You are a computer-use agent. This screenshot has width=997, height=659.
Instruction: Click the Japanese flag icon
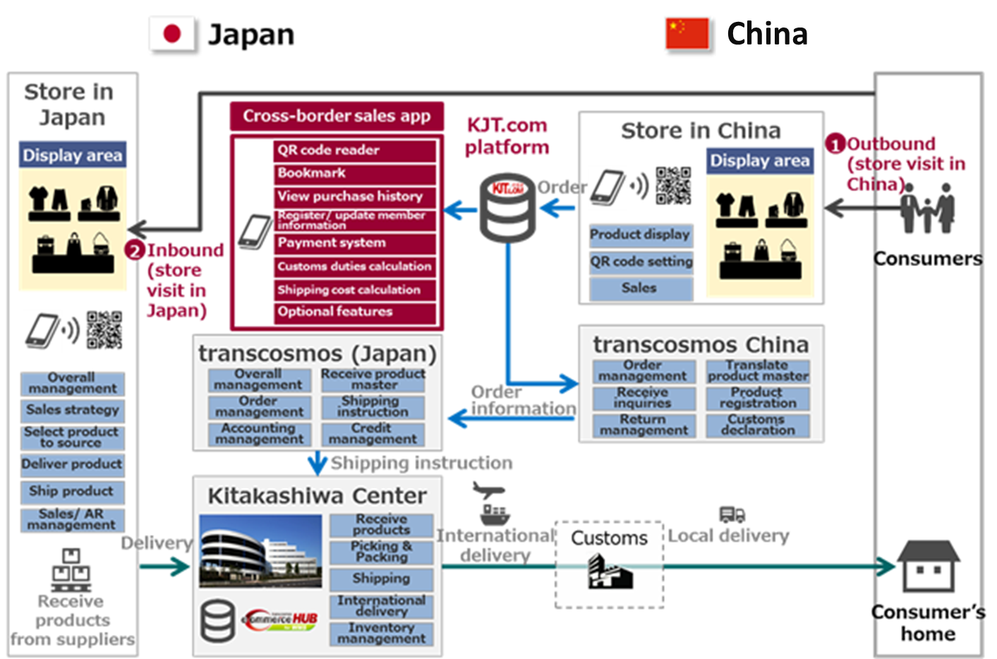click(x=172, y=34)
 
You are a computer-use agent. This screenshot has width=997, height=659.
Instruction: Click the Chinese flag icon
click(x=687, y=34)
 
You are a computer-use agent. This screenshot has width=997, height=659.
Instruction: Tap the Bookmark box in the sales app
click(x=355, y=174)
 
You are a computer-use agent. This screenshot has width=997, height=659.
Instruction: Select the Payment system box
click(x=355, y=243)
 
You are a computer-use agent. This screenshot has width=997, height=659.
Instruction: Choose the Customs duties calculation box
click(x=355, y=267)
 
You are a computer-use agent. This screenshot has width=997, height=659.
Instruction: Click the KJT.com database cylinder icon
click(x=507, y=208)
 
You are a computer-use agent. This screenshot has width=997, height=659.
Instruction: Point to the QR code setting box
click(x=641, y=262)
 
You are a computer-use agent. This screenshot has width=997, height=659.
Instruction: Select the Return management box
click(x=643, y=425)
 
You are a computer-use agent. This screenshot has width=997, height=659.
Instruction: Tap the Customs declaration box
click(x=758, y=425)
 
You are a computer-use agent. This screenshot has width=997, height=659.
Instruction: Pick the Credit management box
click(x=373, y=433)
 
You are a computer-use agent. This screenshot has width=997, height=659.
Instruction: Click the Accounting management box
click(x=259, y=433)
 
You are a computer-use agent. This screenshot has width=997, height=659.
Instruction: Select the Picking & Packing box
click(x=381, y=552)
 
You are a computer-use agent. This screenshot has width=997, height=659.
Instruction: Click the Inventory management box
click(x=381, y=633)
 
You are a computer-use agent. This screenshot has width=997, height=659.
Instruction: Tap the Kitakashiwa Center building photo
click(x=260, y=551)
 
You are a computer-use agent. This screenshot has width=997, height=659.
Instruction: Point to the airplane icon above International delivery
click(x=488, y=490)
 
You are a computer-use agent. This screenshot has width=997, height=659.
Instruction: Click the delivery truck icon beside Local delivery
click(x=732, y=514)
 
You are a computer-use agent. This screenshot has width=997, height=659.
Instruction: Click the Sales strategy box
click(x=73, y=410)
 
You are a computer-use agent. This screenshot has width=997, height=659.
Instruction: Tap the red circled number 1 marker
click(x=836, y=145)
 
